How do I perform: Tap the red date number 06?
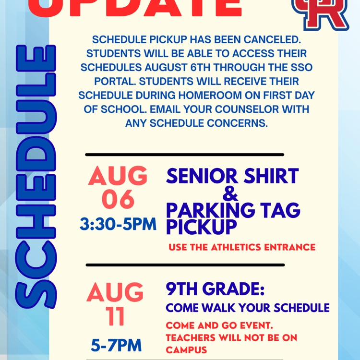click(118, 199)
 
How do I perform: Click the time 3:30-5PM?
click(118, 224)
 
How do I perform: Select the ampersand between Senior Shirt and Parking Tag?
click(231, 194)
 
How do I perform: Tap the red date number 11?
click(115, 316)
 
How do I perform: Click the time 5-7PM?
click(116, 345)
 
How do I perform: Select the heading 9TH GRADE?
click(215, 289)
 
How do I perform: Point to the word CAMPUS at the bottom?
click(186, 350)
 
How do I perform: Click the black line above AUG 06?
click(185, 155)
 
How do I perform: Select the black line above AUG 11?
click(185, 264)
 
